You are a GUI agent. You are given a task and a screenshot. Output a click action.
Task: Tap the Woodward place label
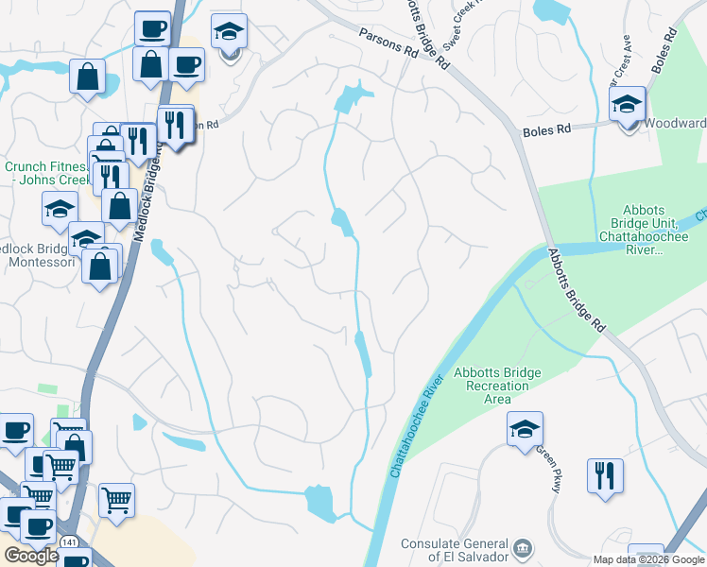tap(675, 124)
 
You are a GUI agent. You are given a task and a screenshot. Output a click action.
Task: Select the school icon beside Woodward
tap(627, 105)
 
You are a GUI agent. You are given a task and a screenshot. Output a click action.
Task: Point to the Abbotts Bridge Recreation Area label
tap(497, 380)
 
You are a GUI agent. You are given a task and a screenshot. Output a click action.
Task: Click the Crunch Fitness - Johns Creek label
tap(43, 175)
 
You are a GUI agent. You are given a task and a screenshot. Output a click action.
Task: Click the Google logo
tap(30, 556)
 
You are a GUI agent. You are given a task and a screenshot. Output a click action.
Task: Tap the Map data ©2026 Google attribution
tap(649, 559)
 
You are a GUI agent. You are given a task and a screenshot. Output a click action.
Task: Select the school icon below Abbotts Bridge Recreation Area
tap(525, 430)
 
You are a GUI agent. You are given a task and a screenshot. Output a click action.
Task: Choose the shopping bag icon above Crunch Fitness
tap(87, 79)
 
